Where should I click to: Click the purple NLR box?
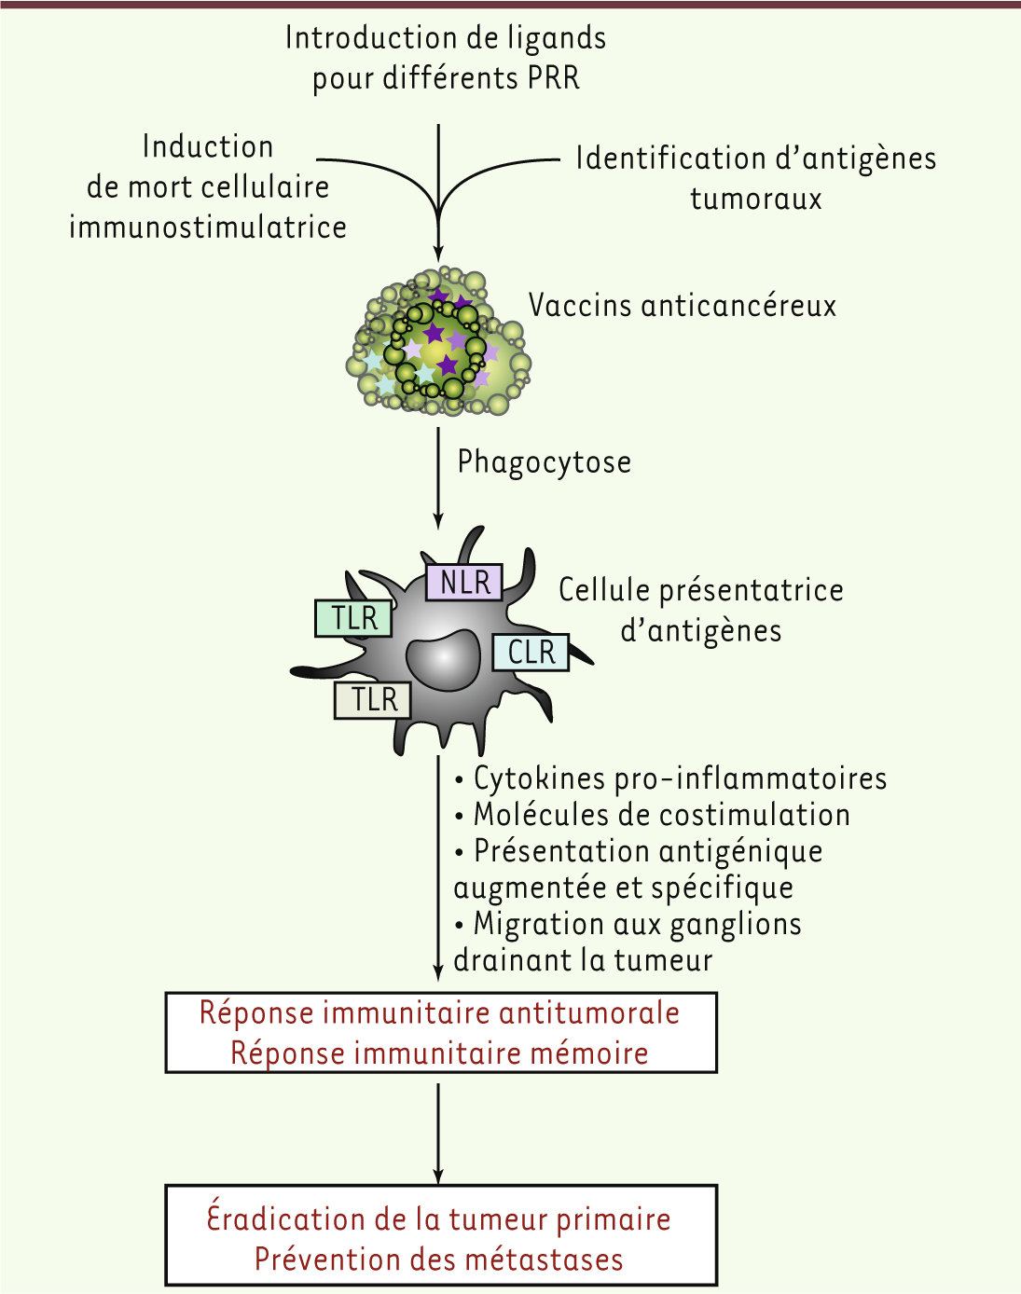pyautogui.click(x=463, y=582)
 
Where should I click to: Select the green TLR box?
pyautogui.click(x=353, y=617)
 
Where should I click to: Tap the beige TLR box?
pyautogui.click(x=373, y=700)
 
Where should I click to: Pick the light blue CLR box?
pyautogui.click(x=531, y=652)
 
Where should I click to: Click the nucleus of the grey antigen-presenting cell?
pyautogui.click(x=444, y=659)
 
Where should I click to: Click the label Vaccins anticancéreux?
pyautogui.click(x=683, y=305)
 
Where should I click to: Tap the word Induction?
pyautogui.click(x=208, y=146)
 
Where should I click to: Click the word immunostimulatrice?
pyautogui.click(x=208, y=227)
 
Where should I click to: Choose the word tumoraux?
pyautogui.click(x=756, y=199)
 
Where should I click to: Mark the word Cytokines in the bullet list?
pyautogui.click(x=539, y=778)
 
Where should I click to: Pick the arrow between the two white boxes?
pyautogui.click(x=438, y=1134)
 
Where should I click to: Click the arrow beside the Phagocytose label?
pyautogui.click(x=438, y=478)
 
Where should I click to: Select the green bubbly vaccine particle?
pyautogui.click(x=438, y=341)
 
